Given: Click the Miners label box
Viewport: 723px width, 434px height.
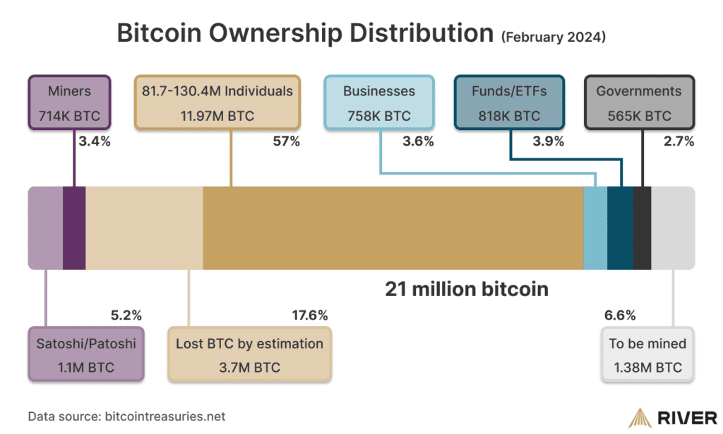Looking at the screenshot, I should [69, 102].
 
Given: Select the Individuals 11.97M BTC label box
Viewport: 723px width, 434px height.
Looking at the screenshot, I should [218, 102].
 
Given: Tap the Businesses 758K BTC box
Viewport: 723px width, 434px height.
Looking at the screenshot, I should [378, 102].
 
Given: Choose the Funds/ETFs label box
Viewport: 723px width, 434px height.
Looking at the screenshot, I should [508, 102].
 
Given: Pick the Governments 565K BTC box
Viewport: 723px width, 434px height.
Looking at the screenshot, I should [639, 102].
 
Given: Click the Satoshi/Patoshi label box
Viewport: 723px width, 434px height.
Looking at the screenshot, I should [85, 355].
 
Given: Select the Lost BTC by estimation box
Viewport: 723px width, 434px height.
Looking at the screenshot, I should [249, 355].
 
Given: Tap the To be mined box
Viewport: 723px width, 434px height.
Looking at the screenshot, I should [647, 355].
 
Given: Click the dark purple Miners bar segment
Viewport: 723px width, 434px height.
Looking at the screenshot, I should [74, 228].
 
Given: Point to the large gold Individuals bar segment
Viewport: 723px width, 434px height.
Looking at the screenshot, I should [393, 228].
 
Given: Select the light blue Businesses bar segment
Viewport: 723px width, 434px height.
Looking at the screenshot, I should [595, 228].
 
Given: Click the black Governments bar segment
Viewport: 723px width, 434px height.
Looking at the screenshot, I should [643, 228].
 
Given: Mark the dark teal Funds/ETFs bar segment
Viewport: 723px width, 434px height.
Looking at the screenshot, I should [621, 228].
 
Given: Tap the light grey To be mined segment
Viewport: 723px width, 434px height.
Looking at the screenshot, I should [672, 228].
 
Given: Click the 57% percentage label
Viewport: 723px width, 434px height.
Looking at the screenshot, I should [286, 141].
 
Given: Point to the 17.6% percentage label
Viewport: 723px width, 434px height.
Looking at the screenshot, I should [310, 315].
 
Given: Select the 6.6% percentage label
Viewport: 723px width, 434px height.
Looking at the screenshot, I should [620, 315].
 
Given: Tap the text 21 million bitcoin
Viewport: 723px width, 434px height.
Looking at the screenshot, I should [466, 289].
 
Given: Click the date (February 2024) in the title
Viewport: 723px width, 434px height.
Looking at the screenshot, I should [553, 37].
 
